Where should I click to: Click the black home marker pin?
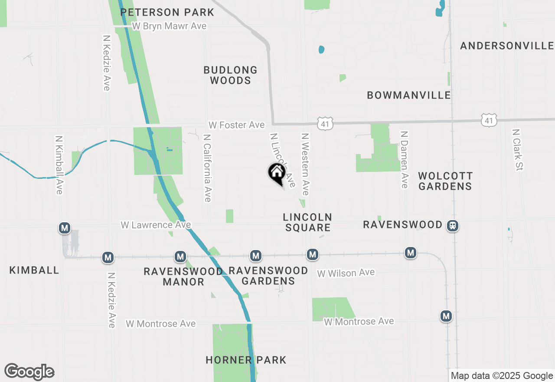[276, 173]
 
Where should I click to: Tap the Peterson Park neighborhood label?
[167, 12]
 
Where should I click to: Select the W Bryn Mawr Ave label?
[169, 26]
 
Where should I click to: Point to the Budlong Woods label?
[230, 75]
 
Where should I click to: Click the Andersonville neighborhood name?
[507, 46]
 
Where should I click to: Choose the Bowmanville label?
[409, 95]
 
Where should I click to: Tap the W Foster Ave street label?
[236, 125]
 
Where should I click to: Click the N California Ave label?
[207, 168]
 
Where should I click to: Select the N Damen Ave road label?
[404, 160]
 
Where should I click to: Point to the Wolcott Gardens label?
[445, 181]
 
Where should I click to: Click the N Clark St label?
[516, 150]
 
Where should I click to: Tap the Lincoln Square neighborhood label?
[307, 222]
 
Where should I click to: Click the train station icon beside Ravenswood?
[453, 226]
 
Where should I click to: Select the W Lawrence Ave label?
[156, 225]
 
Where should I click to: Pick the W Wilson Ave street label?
[346, 273]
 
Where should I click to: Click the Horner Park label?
[246, 360]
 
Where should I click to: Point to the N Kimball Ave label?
[59, 165]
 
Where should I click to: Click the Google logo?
[29, 372]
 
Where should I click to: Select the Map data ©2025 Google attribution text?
[502, 376]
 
